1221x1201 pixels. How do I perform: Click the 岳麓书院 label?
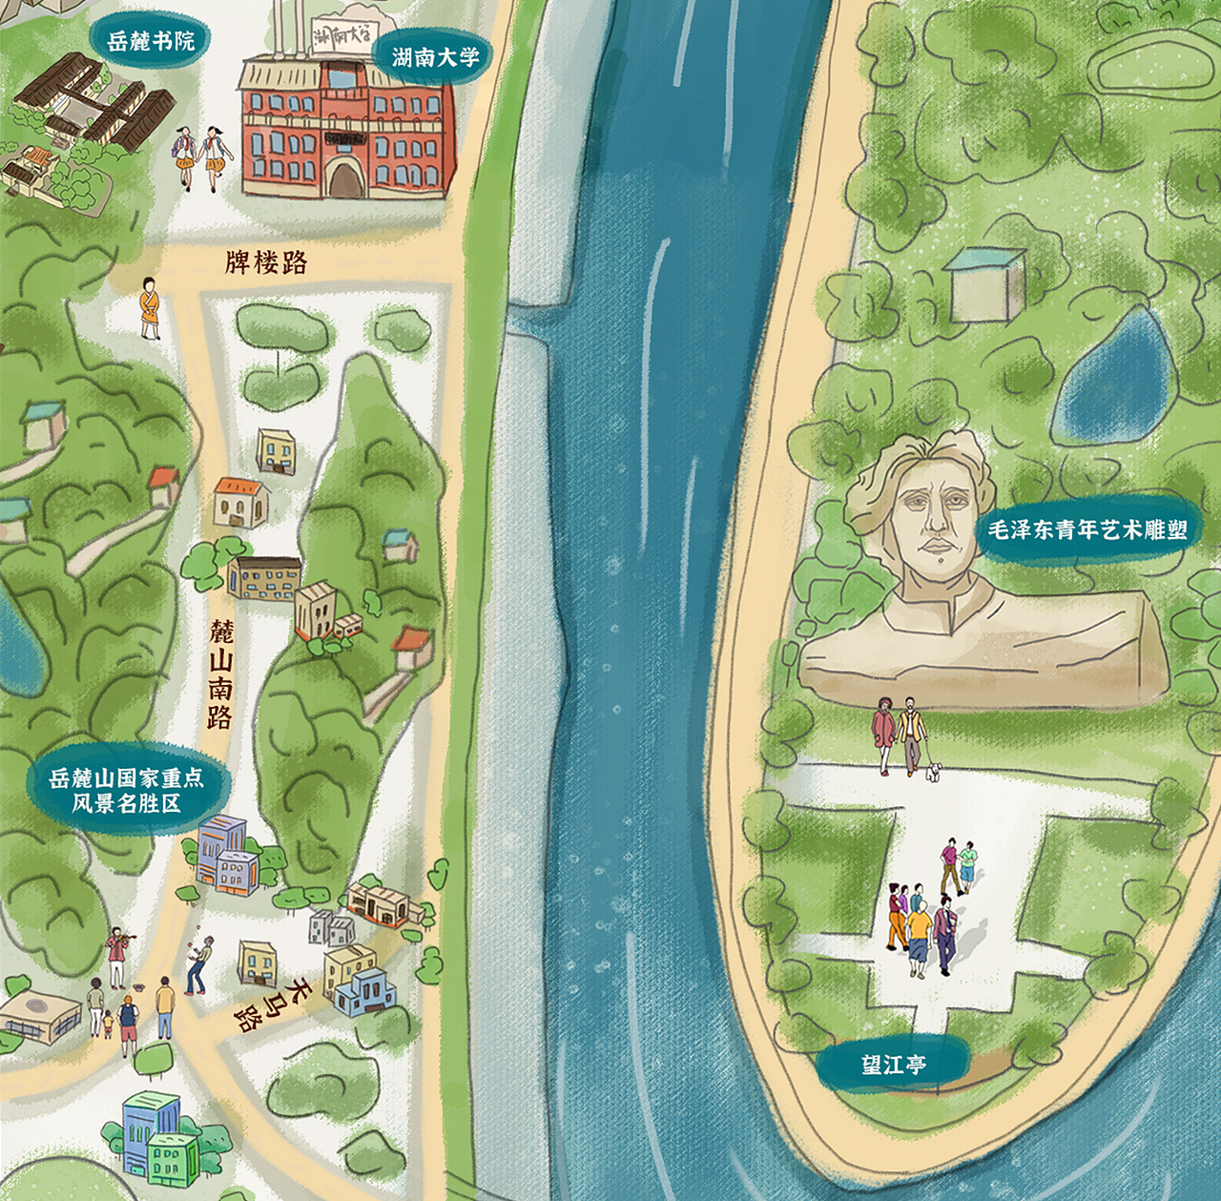click(x=151, y=41)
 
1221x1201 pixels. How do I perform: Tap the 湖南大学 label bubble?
click(x=435, y=57)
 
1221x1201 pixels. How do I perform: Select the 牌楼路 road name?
click(x=266, y=262)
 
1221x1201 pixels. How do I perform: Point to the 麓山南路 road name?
click(x=221, y=673)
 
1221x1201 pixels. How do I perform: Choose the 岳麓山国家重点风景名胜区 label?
click(x=127, y=790)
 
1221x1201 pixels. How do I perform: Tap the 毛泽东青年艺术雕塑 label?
click(x=1086, y=530)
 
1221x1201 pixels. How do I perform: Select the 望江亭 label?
click(x=893, y=1065)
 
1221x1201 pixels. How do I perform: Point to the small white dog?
click(x=932, y=771)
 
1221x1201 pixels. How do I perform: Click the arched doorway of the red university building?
click(x=345, y=177)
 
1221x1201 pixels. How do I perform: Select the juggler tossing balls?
click(x=199, y=964)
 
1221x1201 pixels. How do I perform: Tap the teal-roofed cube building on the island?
click(x=985, y=284)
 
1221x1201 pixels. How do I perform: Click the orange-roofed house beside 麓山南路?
click(x=239, y=502)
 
